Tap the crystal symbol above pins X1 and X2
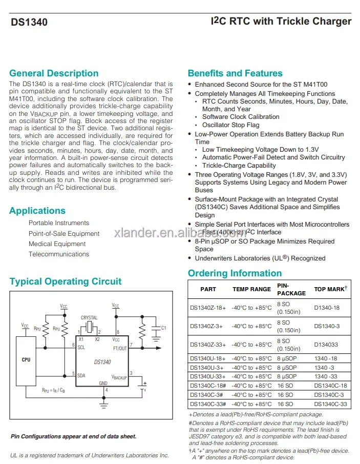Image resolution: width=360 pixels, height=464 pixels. (89, 327)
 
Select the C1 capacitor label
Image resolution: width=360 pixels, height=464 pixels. (164, 327)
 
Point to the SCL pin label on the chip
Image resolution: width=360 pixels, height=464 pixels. (81, 347)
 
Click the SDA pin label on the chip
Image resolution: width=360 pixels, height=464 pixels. (81, 375)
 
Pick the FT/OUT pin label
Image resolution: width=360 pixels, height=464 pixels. (119, 348)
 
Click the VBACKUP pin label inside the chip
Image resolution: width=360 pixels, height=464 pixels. (119, 377)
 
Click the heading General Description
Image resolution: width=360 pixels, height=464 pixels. (54, 73)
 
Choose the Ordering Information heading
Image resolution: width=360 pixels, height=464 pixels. (235, 273)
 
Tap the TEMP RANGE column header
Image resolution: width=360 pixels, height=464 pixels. (251, 289)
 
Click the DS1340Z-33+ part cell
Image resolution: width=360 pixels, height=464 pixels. (207, 345)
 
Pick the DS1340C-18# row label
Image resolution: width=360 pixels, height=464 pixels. (208, 386)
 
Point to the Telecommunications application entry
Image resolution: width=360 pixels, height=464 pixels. (58, 254)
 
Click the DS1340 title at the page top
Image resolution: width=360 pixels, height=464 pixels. (29, 22)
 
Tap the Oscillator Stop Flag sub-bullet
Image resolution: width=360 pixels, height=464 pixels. (230, 125)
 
